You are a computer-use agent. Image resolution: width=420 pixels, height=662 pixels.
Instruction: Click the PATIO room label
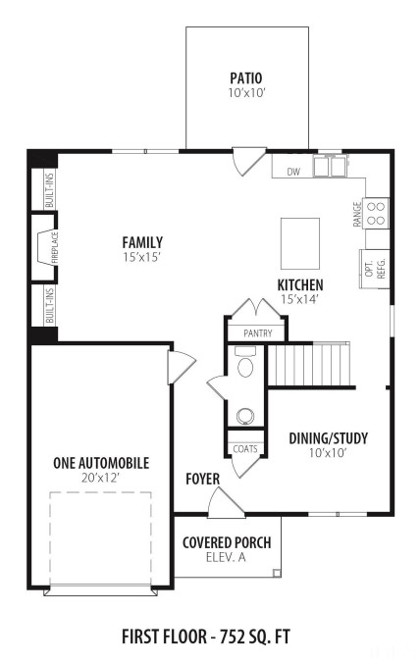(246, 78)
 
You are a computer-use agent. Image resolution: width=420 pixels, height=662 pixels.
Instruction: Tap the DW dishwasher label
(293, 172)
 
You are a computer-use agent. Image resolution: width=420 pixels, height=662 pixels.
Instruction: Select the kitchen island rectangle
(300, 243)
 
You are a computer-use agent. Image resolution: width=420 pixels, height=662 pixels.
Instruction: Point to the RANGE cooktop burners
(376, 213)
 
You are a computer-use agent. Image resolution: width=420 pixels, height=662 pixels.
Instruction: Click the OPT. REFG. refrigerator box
(374, 269)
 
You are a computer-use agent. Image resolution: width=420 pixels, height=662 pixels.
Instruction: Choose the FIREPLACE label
(55, 248)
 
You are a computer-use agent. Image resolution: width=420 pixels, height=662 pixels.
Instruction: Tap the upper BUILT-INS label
(50, 190)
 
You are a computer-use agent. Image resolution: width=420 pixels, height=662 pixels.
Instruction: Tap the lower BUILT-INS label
(50, 306)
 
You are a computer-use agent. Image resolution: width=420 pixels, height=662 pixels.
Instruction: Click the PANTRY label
(258, 333)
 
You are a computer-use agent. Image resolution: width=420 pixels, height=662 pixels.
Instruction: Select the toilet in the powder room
(245, 362)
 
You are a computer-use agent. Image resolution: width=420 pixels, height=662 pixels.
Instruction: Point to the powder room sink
(245, 416)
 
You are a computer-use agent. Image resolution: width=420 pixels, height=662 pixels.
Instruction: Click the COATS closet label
(245, 449)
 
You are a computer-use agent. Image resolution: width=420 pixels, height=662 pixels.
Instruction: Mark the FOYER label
(203, 479)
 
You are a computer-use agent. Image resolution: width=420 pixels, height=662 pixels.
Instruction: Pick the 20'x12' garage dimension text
(100, 478)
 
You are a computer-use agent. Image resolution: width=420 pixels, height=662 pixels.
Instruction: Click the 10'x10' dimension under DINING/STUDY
(328, 453)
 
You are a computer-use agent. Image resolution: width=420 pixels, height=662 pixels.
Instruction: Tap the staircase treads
(309, 364)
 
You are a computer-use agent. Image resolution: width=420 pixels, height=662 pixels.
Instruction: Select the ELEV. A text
(226, 557)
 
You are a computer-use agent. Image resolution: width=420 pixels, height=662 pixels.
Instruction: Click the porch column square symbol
(277, 573)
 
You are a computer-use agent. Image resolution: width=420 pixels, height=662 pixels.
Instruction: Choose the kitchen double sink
(330, 166)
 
